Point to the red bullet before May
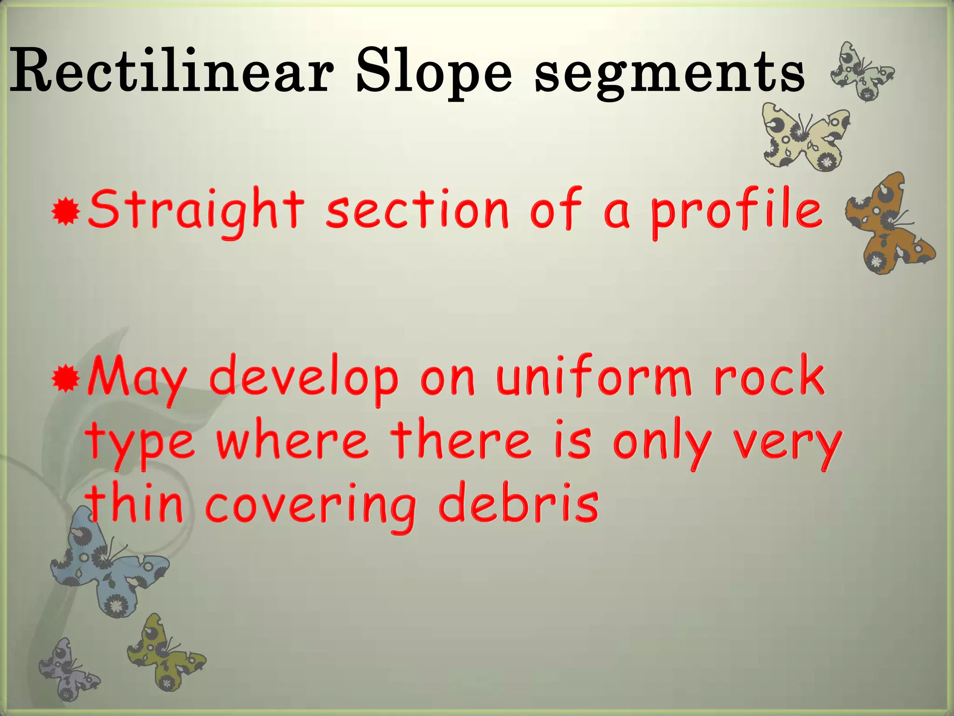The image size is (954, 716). (x=66, y=379)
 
